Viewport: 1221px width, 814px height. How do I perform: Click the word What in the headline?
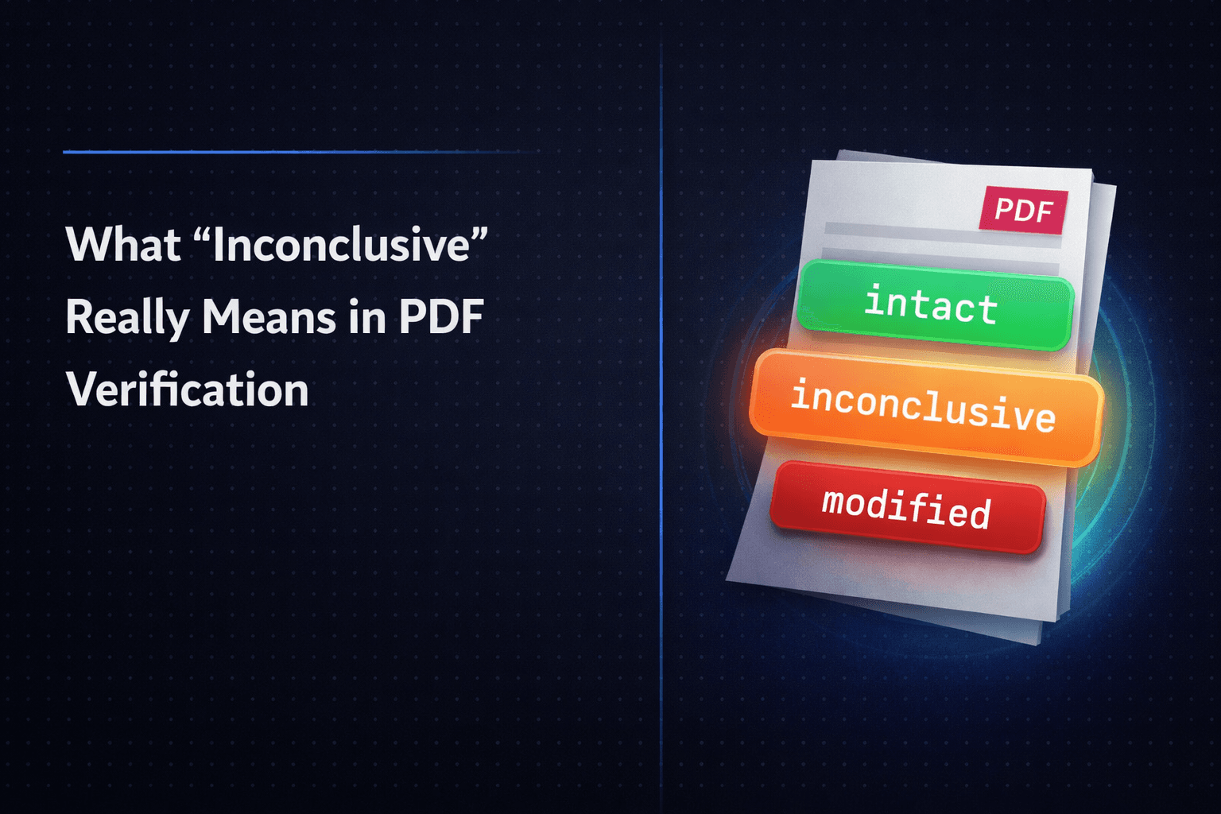[x=123, y=244]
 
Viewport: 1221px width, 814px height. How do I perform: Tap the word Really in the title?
[x=127, y=317]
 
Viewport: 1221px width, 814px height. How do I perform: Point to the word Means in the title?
[x=269, y=317]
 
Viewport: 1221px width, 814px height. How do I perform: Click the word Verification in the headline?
[x=188, y=390]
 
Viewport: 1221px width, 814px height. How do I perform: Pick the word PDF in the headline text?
[x=441, y=317]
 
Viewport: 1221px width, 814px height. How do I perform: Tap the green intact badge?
[x=935, y=305]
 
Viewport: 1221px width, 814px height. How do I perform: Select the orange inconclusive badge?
[x=925, y=406]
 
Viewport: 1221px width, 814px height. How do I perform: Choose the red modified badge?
[x=907, y=506]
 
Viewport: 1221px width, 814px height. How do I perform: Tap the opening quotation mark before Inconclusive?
[x=203, y=233]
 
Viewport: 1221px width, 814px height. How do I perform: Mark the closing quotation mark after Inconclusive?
[x=479, y=233]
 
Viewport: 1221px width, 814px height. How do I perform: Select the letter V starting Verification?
[x=82, y=390]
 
